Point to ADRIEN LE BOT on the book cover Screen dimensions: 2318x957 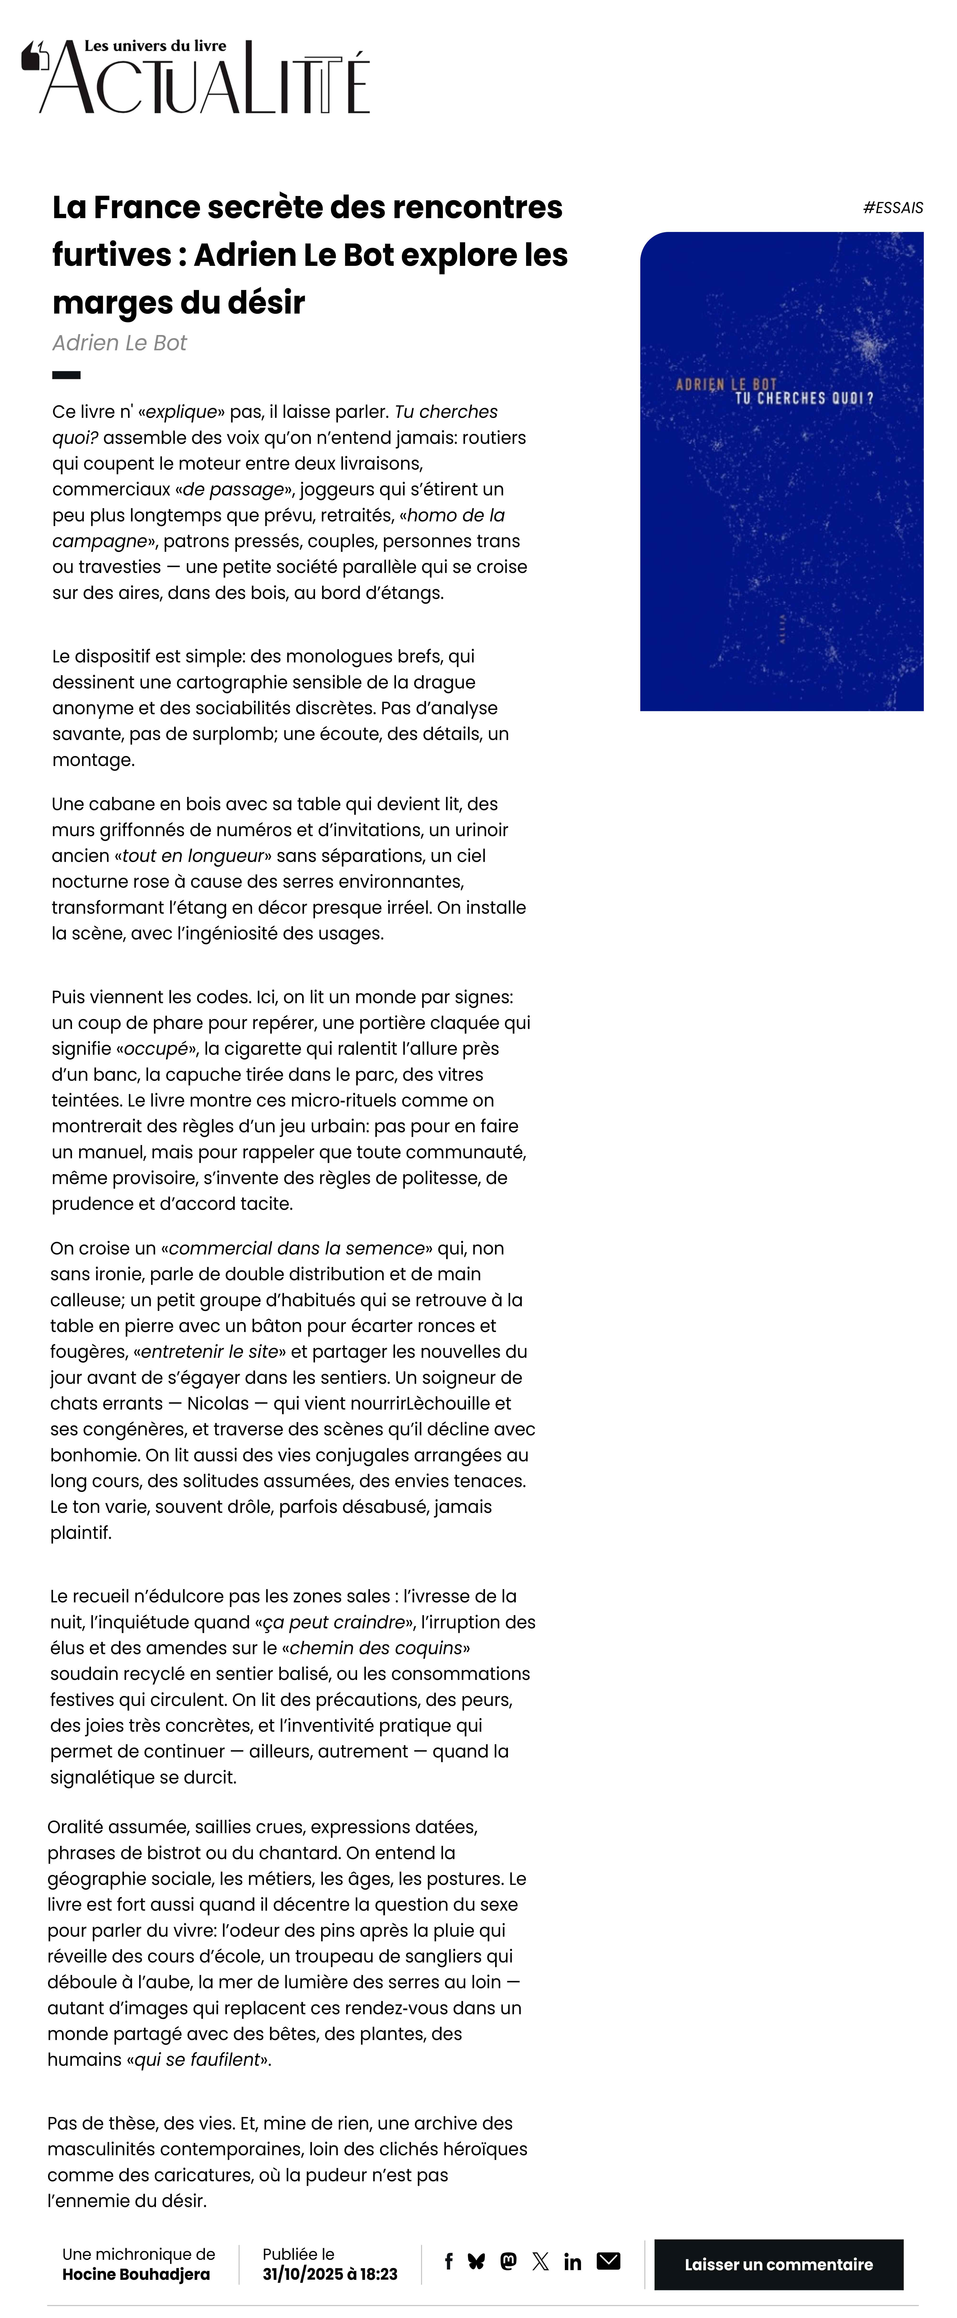click(726, 384)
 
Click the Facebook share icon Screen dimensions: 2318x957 click(448, 2261)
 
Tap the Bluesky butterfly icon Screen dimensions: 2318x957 click(476, 2261)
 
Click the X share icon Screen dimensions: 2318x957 click(540, 2261)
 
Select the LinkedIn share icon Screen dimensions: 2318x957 click(572, 2261)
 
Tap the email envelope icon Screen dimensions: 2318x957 click(609, 2261)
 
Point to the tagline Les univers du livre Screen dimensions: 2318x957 click(155, 46)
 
